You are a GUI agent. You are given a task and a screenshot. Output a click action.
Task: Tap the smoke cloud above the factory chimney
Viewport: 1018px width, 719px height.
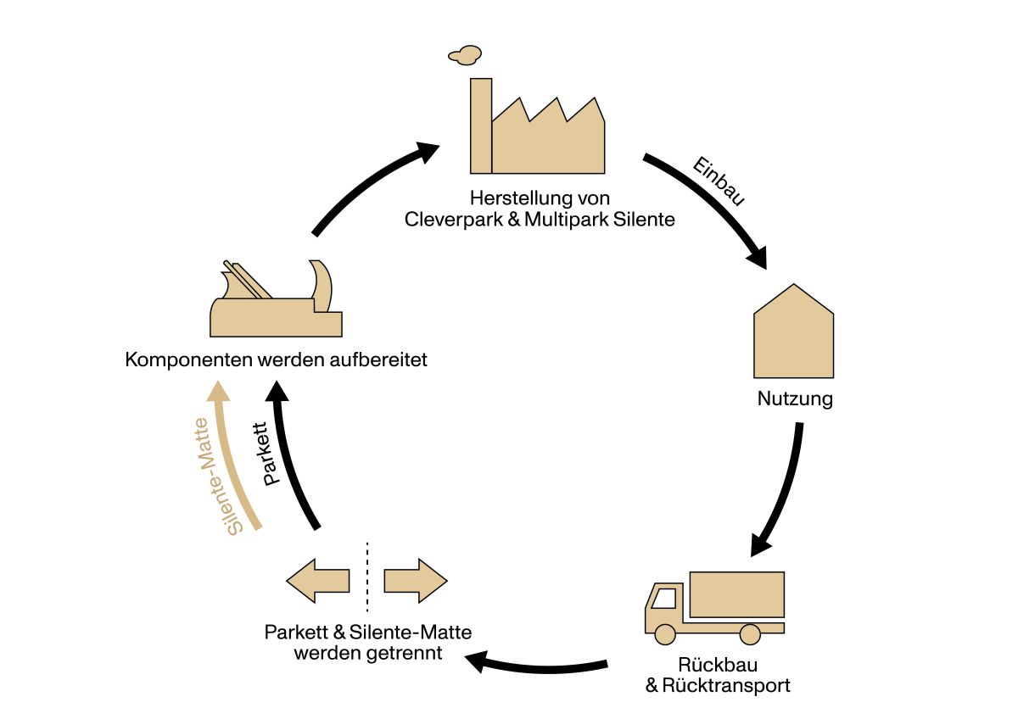click(464, 55)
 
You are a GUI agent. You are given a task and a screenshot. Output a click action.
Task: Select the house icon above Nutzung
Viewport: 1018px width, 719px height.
click(793, 335)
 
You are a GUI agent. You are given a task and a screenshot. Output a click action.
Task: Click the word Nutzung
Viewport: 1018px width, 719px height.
click(795, 399)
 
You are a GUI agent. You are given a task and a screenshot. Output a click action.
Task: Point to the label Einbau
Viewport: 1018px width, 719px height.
click(719, 181)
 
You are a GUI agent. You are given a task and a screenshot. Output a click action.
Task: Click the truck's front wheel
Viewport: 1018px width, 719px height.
click(664, 633)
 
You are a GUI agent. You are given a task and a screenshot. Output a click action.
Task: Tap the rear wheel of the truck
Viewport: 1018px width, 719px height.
click(750, 633)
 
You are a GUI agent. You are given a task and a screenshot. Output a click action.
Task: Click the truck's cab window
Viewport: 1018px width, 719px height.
click(663, 598)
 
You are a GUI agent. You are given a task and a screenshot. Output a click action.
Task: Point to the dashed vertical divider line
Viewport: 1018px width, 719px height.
click(367, 577)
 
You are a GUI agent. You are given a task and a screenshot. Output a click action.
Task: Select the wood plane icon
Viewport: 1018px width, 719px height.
click(276, 301)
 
